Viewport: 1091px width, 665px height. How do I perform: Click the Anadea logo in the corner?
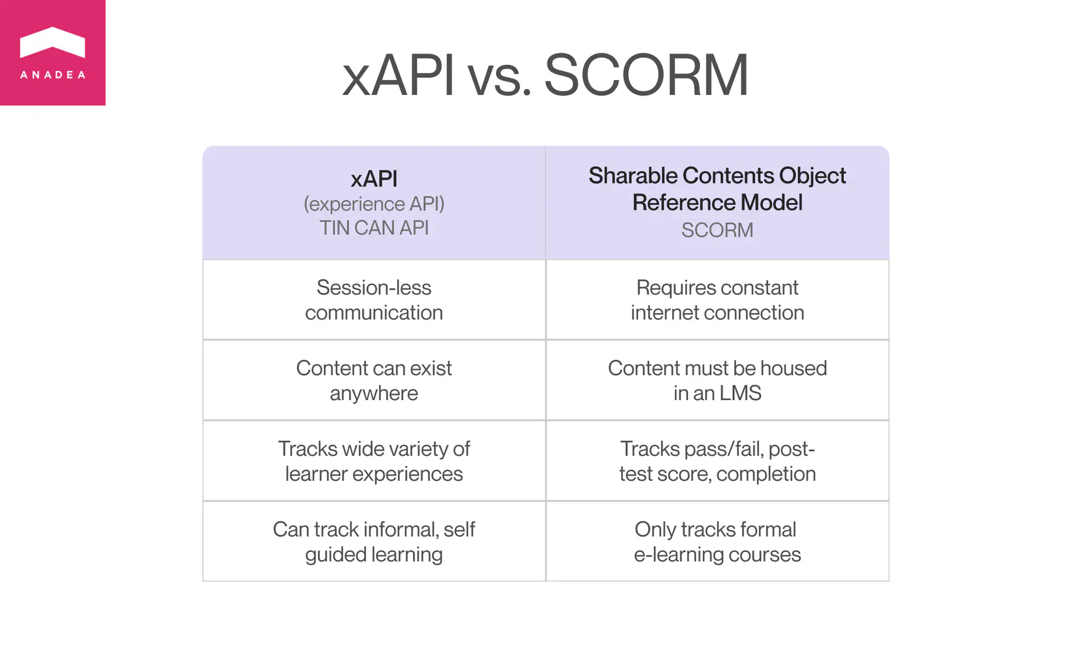click(x=52, y=52)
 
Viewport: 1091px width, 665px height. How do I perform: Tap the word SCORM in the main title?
click(x=646, y=75)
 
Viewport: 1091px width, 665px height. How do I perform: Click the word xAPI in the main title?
click(x=398, y=75)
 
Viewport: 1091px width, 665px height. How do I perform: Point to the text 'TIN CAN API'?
click(x=374, y=228)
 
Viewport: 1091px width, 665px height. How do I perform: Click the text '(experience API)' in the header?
click(x=374, y=203)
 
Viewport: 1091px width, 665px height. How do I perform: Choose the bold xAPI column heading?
click(x=374, y=179)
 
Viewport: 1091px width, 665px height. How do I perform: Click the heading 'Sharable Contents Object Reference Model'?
click(x=717, y=189)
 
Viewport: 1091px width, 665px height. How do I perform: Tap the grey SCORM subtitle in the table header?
click(x=717, y=230)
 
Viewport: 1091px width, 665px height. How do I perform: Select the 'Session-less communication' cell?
click(x=374, y=300)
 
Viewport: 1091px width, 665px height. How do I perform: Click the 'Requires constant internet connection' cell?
click(x=717, y=300)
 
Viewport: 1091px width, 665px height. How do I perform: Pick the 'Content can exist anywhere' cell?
click(x=374, y=381)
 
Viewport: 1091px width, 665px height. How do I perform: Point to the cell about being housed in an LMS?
click(x=717, y=381)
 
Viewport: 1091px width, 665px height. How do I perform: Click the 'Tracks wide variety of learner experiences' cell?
click(x=374, y=462)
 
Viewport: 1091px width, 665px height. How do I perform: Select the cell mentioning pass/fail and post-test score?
click(x=717, y=462)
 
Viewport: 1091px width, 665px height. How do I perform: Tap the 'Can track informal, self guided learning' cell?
click(x=374, y=542)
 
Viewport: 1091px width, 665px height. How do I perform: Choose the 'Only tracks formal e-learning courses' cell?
click(x=717, y=542)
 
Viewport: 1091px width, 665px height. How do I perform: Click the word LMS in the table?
click(x=739, y=393)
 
